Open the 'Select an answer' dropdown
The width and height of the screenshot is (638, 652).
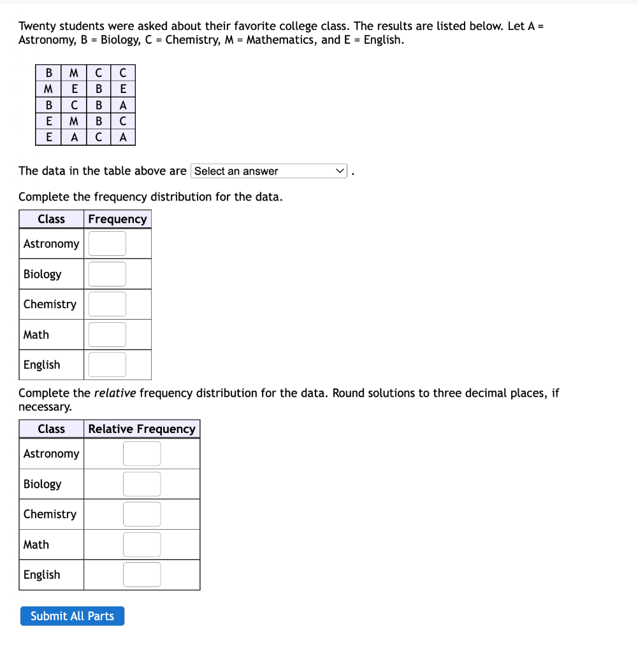coord(269,171)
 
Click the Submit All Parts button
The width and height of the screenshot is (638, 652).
coord(72,616)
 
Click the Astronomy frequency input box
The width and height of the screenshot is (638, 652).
coord(107,244)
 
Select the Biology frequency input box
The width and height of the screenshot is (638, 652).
coord(107,274)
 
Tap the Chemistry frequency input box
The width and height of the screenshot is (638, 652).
coord(107,304)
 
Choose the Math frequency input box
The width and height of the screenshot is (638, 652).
coord(107,334)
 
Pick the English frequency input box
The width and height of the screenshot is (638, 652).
coord(107,365)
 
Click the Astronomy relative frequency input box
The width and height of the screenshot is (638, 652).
coord(141,454)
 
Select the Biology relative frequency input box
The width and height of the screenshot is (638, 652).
coord(141,484)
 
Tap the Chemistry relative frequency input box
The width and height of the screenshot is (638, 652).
coord(141,514)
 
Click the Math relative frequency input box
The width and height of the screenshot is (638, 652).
coord(141,544)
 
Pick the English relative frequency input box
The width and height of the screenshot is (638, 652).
coord(141,574)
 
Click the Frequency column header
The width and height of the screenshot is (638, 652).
coord(117,219)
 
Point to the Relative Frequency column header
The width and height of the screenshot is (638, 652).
coord(141,429)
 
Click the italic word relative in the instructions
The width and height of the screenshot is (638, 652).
coord(115,393)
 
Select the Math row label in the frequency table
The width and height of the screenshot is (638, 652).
coord(36,334)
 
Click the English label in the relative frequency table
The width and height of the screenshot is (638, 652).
coord(42,574)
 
